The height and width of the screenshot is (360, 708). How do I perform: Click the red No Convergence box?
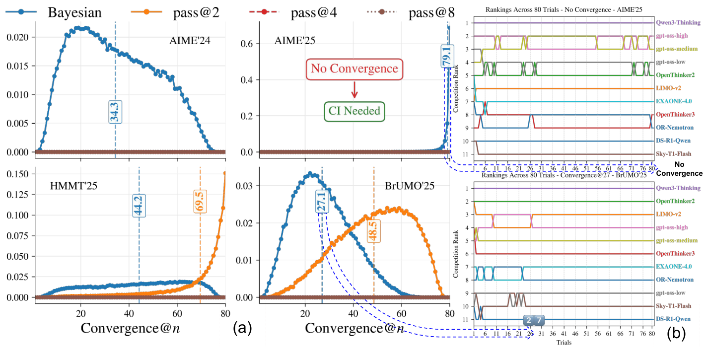(x=354, y=68)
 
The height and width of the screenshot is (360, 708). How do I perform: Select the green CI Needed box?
(x=354, y=111)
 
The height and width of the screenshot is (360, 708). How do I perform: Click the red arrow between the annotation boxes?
(x=354, y=89)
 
